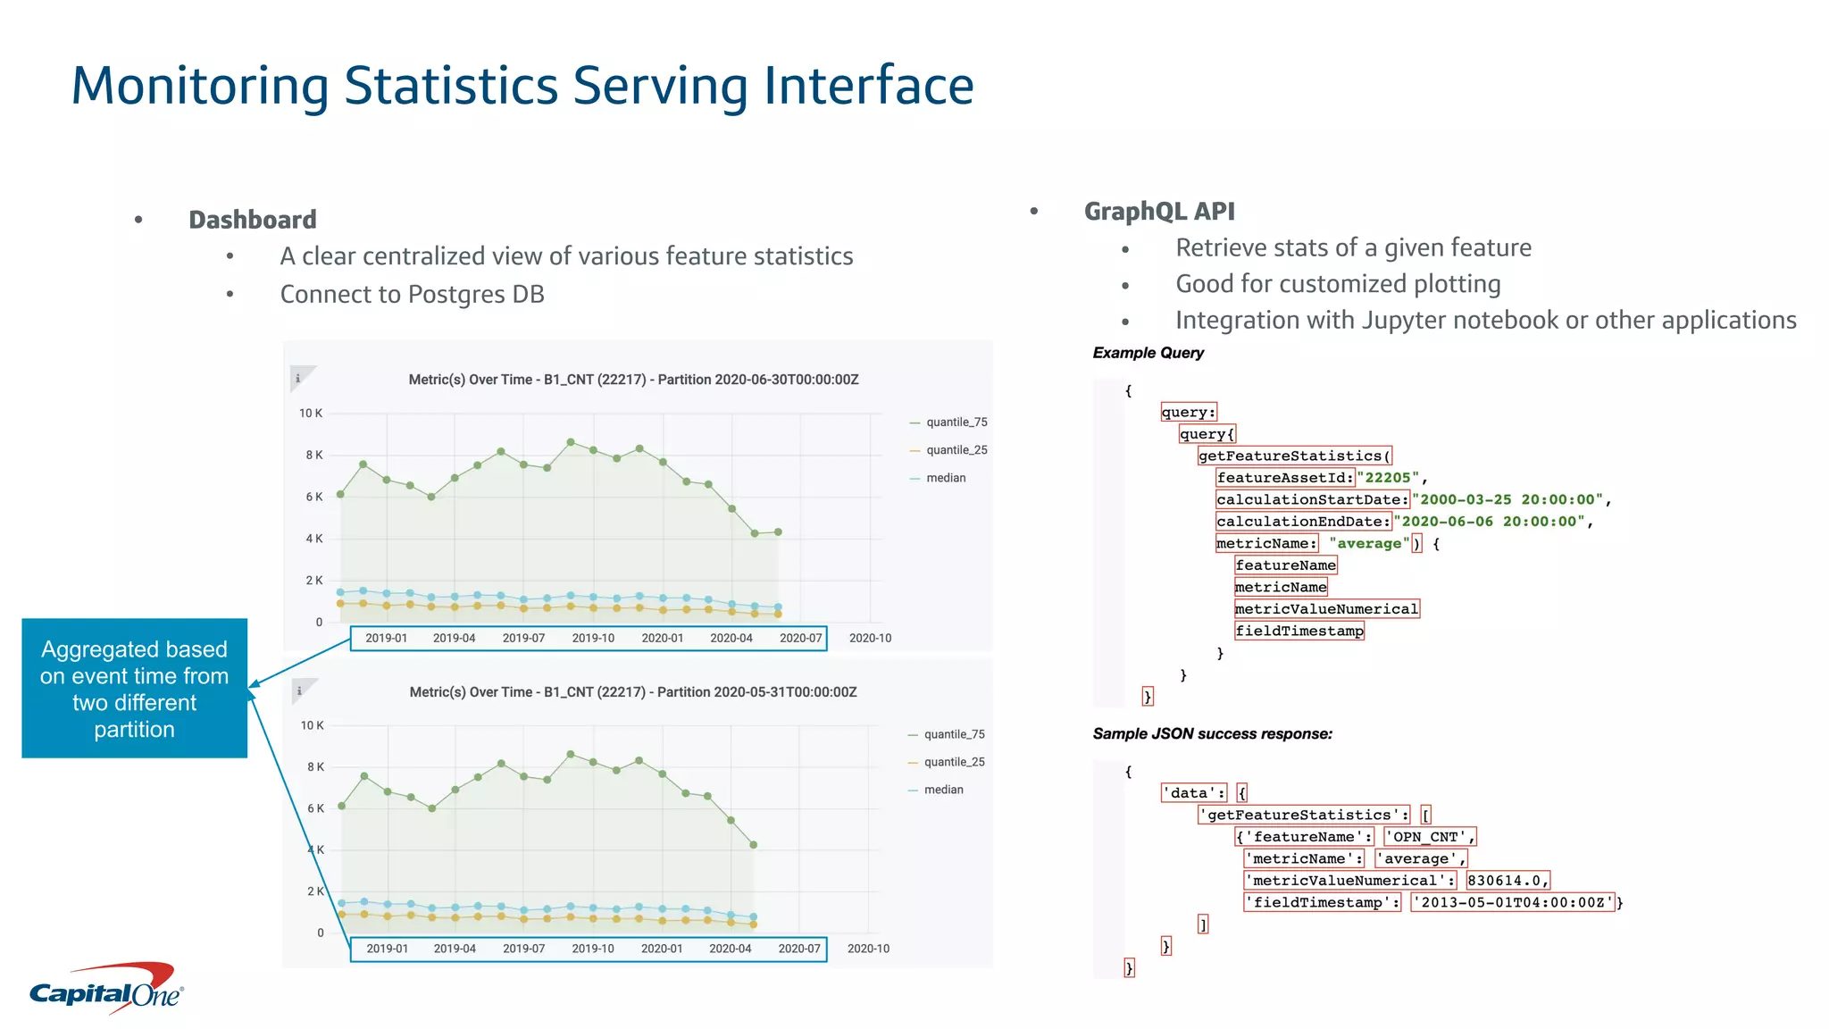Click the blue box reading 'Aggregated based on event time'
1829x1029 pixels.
click(134, 688)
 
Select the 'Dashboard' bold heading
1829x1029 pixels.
click(252, 220)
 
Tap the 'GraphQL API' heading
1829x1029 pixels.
click(1158, 212)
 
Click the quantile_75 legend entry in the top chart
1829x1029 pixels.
click(956, 422)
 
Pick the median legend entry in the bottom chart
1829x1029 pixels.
click(943, 790)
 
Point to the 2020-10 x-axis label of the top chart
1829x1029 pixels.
click(870, 638)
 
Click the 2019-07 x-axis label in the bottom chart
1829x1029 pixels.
click(523, 949)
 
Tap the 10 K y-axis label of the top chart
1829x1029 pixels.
click(311, 413)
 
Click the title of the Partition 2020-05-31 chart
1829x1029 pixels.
click(632, 692)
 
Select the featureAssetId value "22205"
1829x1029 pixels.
click(1387, 478)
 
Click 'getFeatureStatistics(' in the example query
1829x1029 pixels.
click(1294, 456)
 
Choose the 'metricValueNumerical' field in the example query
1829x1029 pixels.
click(1326, 609)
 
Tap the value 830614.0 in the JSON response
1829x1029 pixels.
click(1507, 881)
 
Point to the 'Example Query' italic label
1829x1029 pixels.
click(1148, 353)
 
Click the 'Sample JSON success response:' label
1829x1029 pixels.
click(1212, 734)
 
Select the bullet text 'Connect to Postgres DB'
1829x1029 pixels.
click(412, 295)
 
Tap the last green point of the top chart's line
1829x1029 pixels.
click(778, 531)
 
